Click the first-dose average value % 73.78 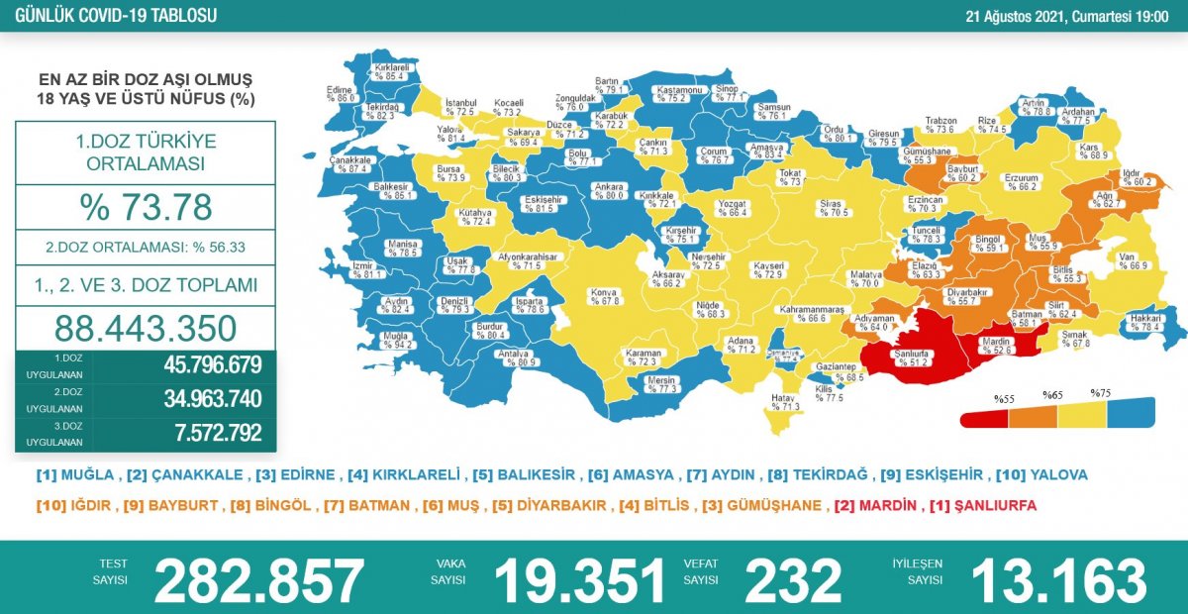coord(146,207)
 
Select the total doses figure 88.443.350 coord(146,328)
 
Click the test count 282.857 coord(259,580)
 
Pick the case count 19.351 coord(579,580)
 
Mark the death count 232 coord(792,580)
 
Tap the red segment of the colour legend coord(984,417)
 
